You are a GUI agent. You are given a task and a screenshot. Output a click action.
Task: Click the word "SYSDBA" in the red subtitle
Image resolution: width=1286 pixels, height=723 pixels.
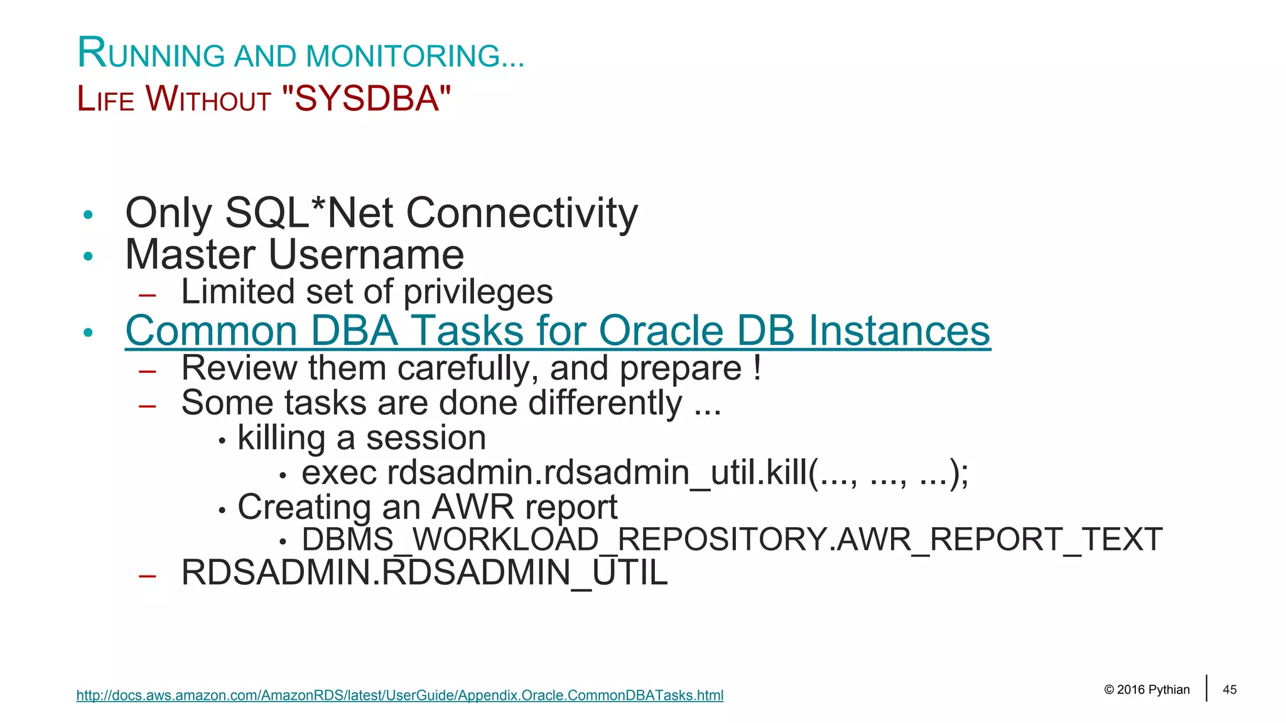366,99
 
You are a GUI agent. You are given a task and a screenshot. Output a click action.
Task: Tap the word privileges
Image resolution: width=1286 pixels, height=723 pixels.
478,292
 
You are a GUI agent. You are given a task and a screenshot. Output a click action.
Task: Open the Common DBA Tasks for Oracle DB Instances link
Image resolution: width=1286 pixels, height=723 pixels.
558,331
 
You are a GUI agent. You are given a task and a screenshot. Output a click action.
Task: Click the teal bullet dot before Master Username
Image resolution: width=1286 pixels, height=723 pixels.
89,256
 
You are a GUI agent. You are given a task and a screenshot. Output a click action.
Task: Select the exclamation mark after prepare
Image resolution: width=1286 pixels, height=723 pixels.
757,368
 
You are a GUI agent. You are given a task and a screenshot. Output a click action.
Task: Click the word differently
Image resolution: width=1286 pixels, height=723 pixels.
605,403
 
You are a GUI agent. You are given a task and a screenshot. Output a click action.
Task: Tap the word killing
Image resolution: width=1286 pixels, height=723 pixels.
281,438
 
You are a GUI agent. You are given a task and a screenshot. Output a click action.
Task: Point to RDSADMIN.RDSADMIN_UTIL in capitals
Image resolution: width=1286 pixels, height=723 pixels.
424,573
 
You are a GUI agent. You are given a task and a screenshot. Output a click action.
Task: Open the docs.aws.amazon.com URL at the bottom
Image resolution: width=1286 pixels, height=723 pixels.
399,695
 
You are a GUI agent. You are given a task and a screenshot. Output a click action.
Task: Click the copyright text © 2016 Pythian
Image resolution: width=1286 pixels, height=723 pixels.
1146,690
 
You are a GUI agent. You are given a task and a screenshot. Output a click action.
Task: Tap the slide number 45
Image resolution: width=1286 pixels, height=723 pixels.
1229,690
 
